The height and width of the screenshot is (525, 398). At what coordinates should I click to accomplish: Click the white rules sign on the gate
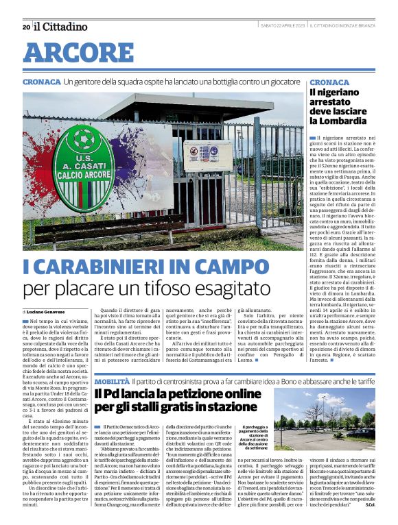pos(207,156)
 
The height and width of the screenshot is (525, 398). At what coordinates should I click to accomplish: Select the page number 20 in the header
pos(26,27)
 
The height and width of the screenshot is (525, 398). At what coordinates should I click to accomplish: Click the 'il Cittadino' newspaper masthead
pos(61,27)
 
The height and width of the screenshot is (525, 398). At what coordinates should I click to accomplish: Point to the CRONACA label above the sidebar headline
pos(329,81)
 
